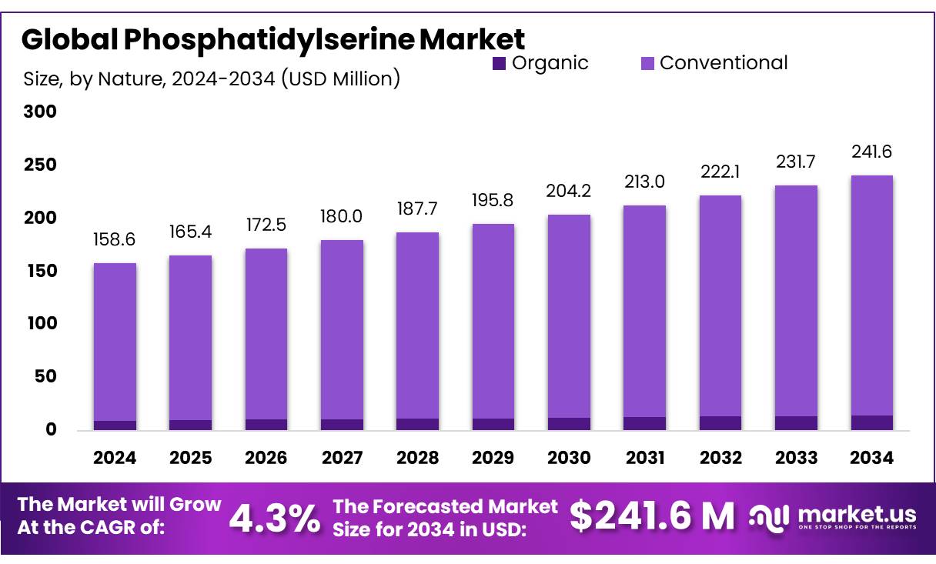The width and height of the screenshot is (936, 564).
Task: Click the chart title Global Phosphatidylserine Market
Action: [x=272, y=38]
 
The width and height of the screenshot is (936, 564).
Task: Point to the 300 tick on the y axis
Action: [x=40, y=112]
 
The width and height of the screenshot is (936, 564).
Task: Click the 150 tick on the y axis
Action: [x=40, y=272]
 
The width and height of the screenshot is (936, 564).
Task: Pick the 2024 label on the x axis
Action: [x=115, y=459]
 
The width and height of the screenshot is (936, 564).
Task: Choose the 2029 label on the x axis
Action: [x=493, y=459]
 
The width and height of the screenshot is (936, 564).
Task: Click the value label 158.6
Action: [x=115, y=240]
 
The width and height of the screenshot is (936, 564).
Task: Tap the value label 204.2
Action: [x=569, y=191]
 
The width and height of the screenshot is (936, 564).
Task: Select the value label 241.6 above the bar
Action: [x=872, y=152]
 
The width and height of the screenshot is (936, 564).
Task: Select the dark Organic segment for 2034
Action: [x=872, y=422]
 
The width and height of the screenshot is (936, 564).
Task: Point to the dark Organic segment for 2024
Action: [x=115, y=425]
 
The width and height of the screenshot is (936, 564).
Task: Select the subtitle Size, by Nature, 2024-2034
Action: [x=212, y=78]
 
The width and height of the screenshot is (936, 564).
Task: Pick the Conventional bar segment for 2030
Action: [x=569, y=316]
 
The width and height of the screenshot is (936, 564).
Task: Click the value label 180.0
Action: [x=342, y=218]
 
